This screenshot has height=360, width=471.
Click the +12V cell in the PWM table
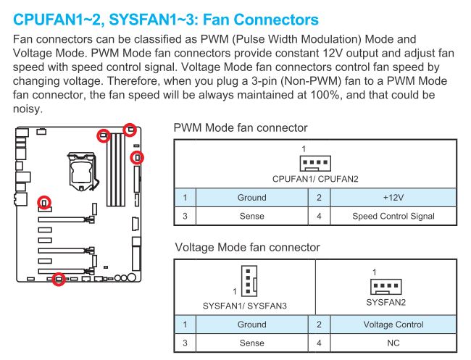393,197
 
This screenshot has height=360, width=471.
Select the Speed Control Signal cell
393,216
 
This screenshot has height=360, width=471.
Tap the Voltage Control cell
393,325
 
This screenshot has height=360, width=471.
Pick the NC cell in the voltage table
393,344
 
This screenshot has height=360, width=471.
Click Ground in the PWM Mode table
251,197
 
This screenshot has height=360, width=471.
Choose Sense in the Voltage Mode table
251,344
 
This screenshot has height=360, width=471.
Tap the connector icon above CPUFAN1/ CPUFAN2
315,162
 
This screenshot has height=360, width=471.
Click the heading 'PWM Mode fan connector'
241,128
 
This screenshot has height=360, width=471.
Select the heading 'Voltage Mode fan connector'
247,248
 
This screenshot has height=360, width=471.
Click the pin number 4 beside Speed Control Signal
319,216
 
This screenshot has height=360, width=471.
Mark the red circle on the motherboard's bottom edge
59,280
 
